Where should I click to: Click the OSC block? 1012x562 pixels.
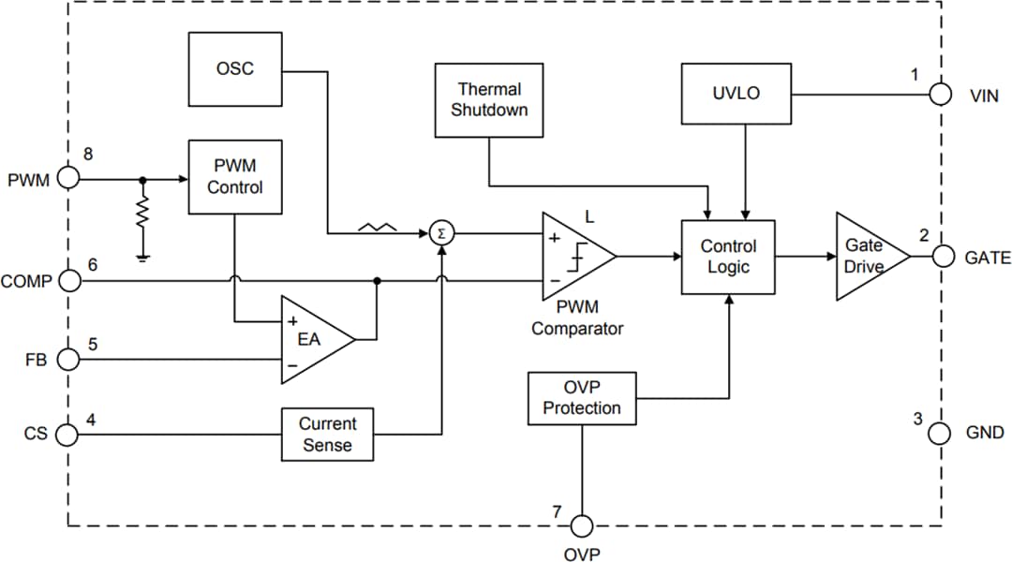coord(234,69)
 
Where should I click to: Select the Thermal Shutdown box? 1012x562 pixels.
coord(489,100)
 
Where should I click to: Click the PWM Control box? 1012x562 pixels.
coord(234,176)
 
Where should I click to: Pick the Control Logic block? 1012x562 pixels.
coord(728,257)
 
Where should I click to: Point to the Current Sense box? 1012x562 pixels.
coord(327,435)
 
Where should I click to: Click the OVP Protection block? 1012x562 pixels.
coord(582,398)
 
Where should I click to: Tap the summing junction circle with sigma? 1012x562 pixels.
coord(441,233)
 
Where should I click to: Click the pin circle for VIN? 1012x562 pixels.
coord(941,95)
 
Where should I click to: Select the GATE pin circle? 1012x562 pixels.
coord(941,257)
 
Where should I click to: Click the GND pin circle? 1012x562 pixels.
coord(941,433)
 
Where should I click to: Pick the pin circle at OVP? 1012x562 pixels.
coord(583,525)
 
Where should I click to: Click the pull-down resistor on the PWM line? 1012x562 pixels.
coord(142,214)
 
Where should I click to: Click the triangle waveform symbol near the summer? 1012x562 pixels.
coord(378,228)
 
